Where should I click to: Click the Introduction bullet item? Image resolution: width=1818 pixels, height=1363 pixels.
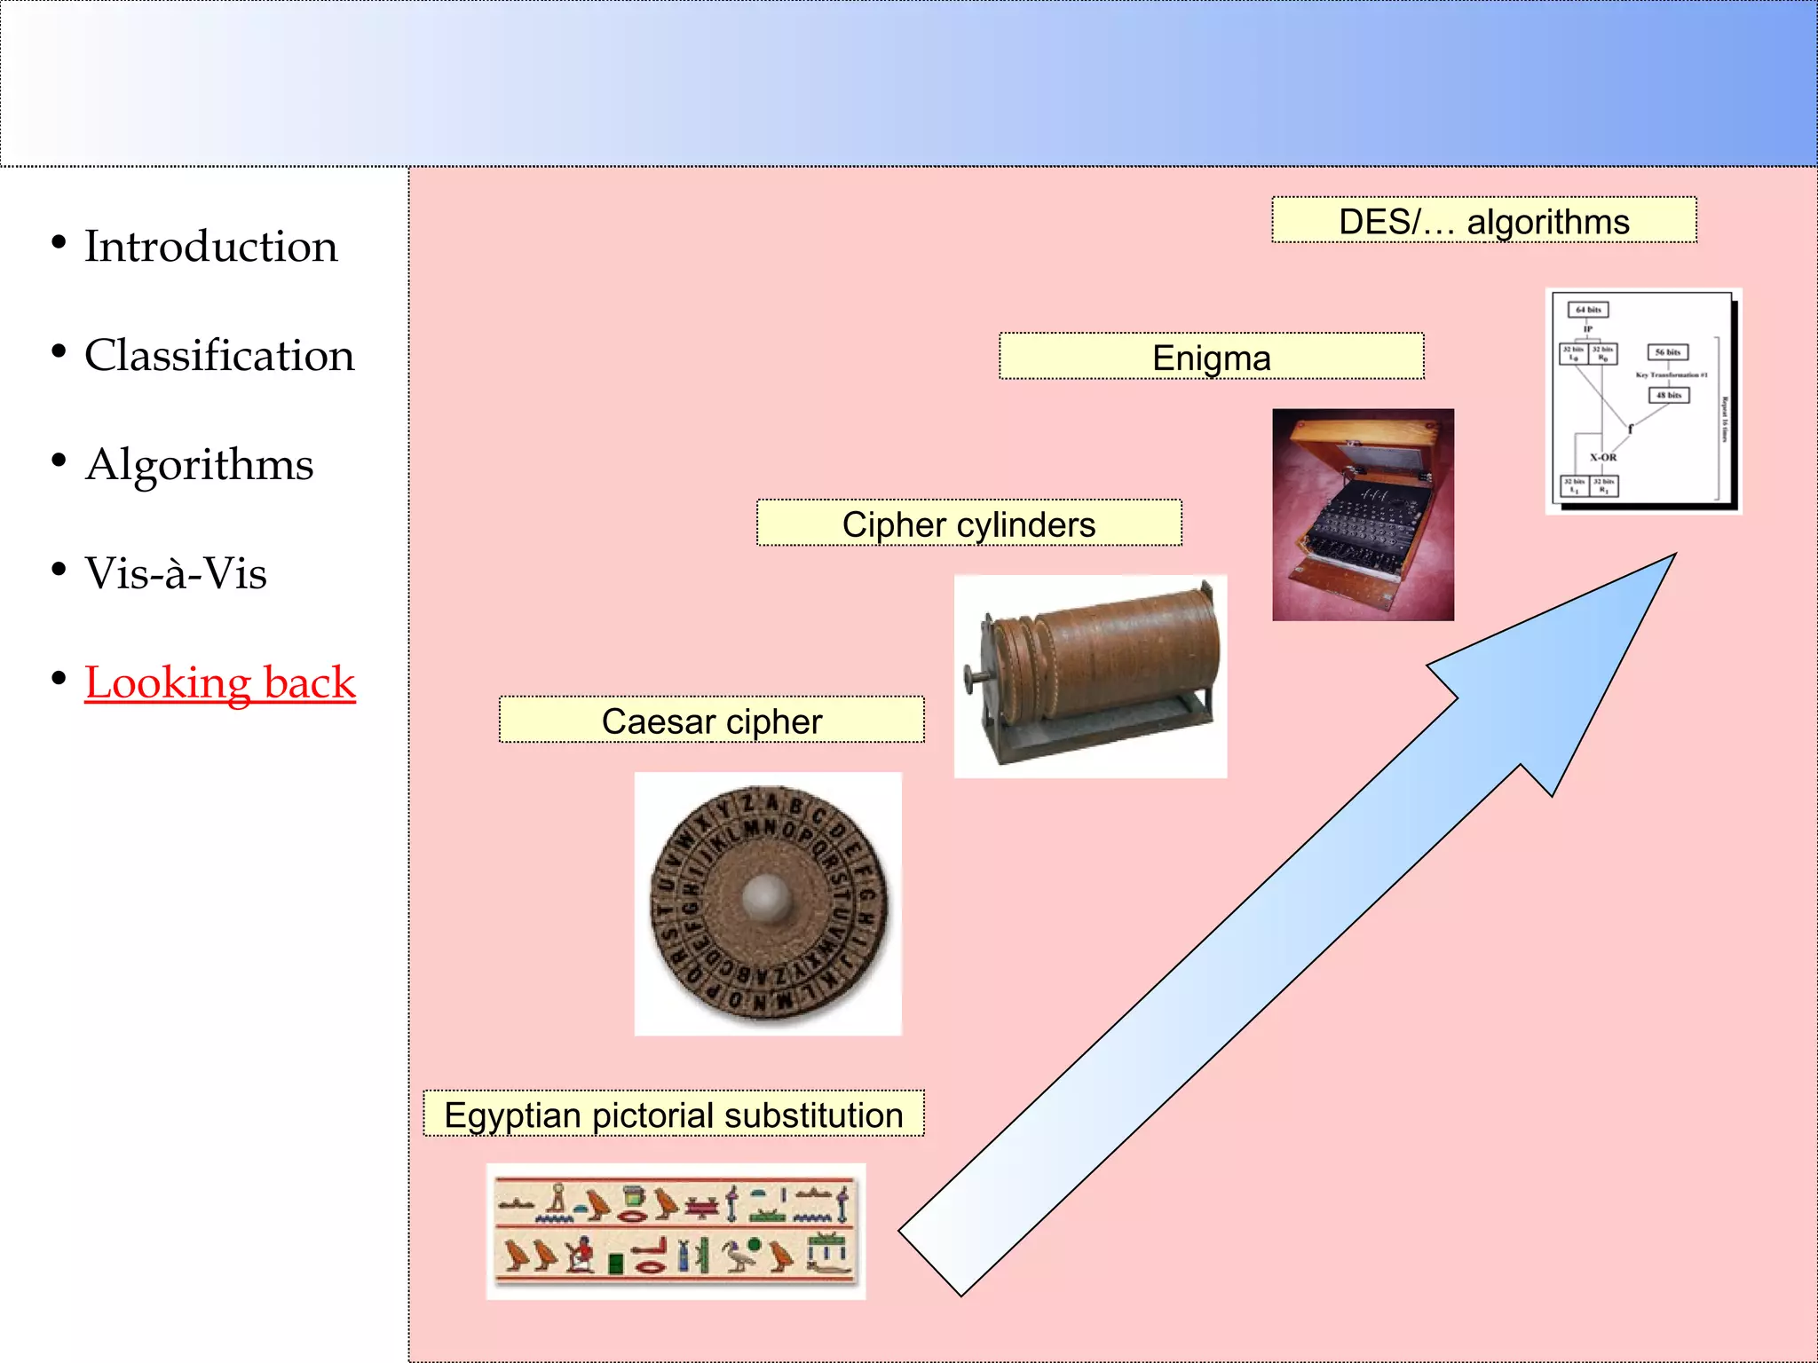click(x=210, y=246)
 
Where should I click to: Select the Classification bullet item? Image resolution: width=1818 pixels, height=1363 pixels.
click(x=218, y=355)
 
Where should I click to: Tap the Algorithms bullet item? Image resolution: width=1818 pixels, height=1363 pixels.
click(x=199, y=464)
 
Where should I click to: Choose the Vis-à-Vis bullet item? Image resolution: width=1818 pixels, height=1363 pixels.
click(x=176, y=573)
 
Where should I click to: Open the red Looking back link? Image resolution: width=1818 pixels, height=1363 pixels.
click(x=220, y=682)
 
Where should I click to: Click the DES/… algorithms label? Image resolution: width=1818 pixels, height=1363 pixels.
click(x=1483, y=221)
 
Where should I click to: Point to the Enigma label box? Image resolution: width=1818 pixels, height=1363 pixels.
click(x=1211, y=358)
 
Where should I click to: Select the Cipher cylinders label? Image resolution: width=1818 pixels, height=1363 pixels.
click(x=968, y=524)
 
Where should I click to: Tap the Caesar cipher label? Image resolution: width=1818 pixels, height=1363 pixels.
click(x=711, y=721)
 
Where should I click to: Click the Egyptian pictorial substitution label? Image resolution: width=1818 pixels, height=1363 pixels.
click(x=673, y=1115)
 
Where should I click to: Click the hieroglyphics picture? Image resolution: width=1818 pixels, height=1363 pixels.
click(x=676, y=1232)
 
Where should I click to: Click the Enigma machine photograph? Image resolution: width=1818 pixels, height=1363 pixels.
click(x=1363, y=515)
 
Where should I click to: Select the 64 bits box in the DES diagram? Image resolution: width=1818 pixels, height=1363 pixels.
click(x=1588, y=310)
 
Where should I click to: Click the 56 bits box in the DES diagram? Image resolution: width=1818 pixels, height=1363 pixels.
click(x=1668, y=352)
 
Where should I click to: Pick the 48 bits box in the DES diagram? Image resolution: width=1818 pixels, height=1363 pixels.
click(x=1669, y=395)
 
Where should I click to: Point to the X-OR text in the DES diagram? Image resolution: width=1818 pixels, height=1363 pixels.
click(x=1603, y=458)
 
